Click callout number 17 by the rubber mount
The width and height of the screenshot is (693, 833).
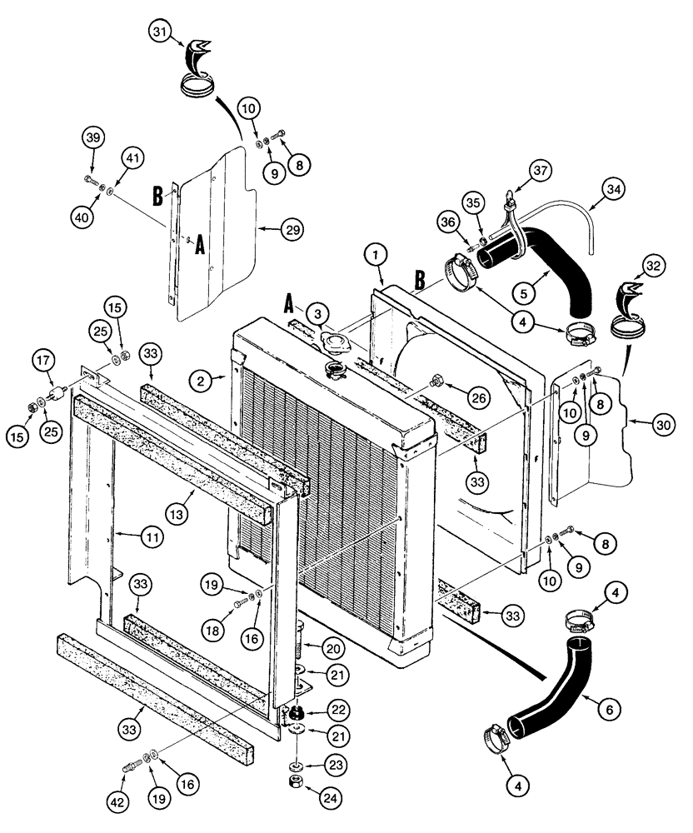[43, 362]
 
